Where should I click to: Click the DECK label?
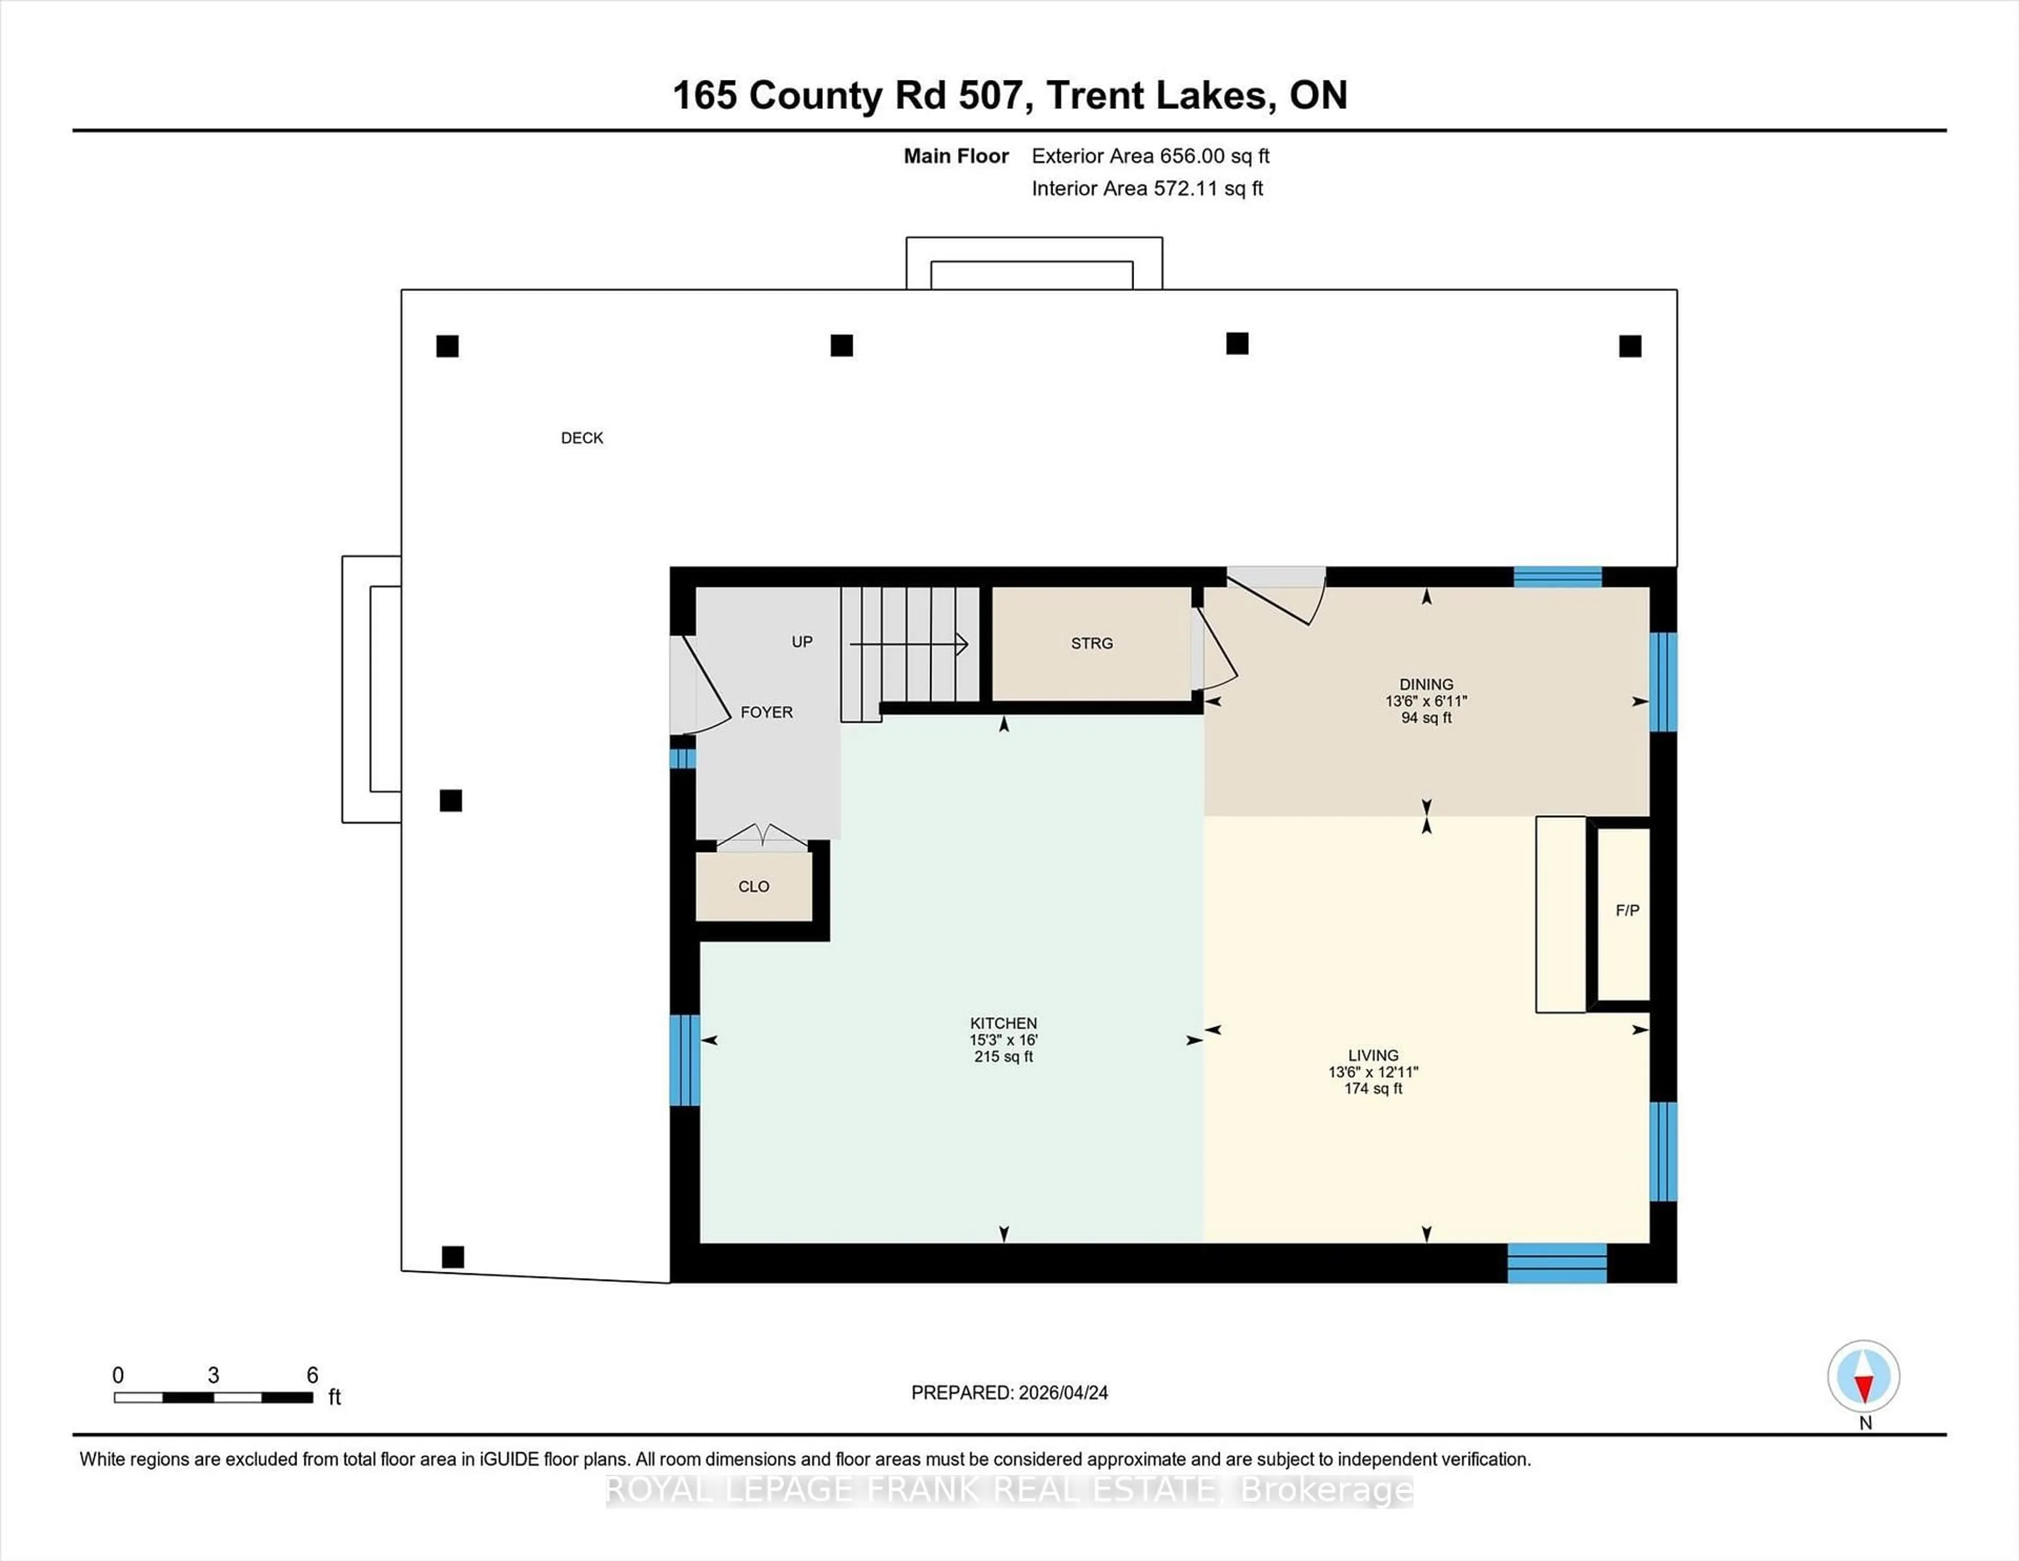582,438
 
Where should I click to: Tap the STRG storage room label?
1092,643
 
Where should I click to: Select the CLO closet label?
753,886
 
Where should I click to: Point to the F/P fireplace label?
1627,910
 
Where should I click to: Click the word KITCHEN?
1003,1023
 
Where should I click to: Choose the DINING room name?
1425,684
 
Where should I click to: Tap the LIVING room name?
1373,1055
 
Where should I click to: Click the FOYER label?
767,712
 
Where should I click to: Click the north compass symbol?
1864,1377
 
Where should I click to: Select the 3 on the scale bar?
213,1375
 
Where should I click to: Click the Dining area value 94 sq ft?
1425,717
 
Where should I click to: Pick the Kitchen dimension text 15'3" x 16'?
1003,1039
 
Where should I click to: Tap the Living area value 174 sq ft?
1373,1089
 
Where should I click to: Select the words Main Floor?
956,156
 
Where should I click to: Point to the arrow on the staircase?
962,644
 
